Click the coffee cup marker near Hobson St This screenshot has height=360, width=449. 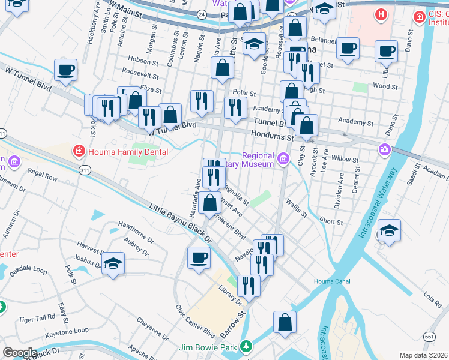pyautogui.click(x=65, y=70)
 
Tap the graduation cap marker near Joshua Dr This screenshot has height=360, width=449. pyautogui.click(x=113, y=264)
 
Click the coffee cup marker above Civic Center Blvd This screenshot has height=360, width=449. pyautogui.click(x=199, y=258)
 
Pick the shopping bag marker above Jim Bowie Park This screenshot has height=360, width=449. pyautogui.click(x=285, y=322)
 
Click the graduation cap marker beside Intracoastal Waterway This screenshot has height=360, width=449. pyautogui.click(x=389, y=231)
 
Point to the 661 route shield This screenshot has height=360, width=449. pyautogui.click(x=429, y=337)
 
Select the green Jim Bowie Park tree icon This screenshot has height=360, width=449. pyautogui.click(x=245, y=346)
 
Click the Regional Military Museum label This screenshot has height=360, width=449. pyautogui.click(x=258, y=160)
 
